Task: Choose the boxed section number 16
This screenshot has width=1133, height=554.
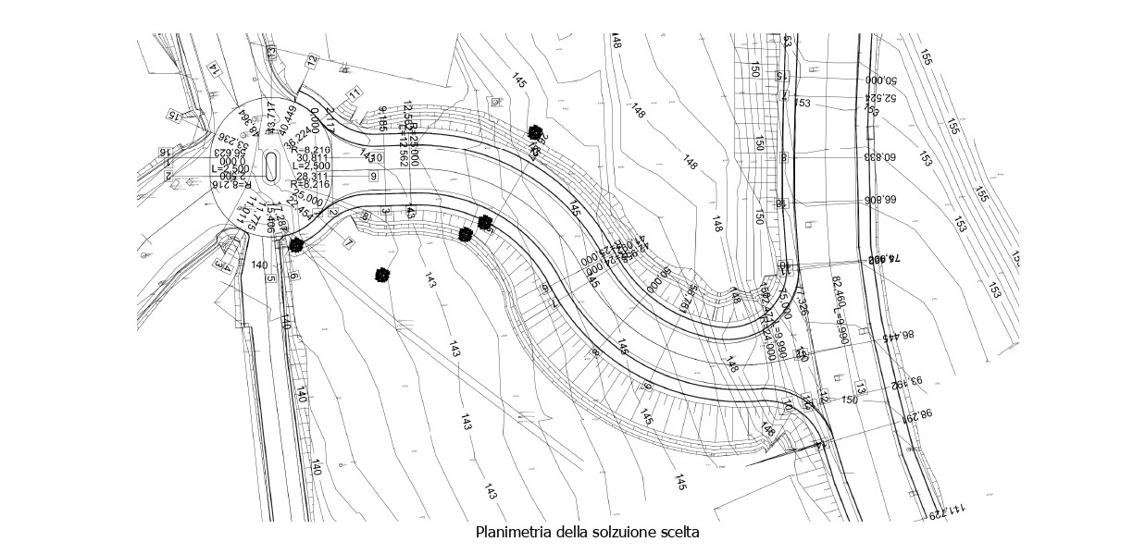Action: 167,151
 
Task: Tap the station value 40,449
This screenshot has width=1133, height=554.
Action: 289,123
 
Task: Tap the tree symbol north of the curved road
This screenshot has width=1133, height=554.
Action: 534,134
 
